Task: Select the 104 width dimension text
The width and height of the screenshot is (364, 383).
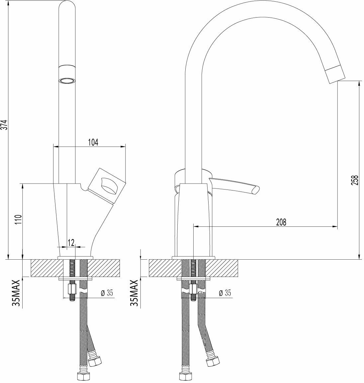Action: point(93,142)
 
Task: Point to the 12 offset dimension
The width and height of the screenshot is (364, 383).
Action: point(70,242)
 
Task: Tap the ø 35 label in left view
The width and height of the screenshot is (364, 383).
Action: point(107,293)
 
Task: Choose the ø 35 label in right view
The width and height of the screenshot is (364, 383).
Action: point(225,293)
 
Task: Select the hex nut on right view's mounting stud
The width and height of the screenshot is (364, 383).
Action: point(193,288)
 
